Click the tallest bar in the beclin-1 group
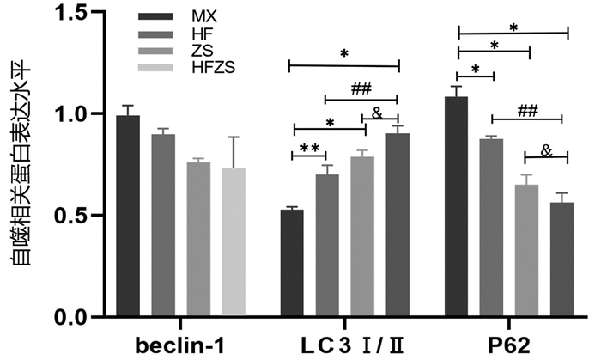128,216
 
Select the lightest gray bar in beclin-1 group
234,241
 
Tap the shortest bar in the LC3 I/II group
292,263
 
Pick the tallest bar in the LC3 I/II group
398,224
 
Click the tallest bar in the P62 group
456,206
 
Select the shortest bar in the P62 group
562,259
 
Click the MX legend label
204,16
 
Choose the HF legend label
203,34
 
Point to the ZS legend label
203,51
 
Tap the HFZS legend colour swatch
155,68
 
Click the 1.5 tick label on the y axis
71,13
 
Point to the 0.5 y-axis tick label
71,216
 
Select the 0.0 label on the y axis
71,317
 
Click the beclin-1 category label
179,345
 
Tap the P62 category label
509,345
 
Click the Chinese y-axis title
20,163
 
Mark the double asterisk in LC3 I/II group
310,148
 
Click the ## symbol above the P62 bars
527,111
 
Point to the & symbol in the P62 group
547,150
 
